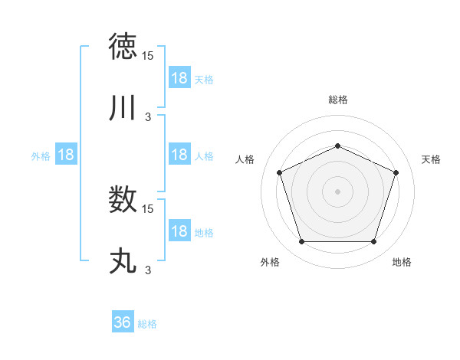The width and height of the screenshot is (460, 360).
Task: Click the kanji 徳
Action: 123,48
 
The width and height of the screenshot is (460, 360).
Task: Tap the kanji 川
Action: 123,108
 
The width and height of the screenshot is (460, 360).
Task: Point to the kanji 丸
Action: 123,260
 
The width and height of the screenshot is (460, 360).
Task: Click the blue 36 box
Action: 123,322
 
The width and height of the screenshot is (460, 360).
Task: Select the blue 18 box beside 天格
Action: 179,78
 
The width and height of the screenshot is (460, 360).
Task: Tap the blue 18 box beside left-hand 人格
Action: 179,155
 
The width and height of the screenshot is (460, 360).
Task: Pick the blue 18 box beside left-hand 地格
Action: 179,232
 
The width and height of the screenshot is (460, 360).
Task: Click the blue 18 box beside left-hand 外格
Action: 66,155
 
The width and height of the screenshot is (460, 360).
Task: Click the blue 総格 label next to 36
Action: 148,324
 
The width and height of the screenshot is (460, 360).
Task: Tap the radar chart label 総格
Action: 337,100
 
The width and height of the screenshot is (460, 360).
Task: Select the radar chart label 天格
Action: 431,159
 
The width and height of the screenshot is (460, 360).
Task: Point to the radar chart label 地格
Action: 402,262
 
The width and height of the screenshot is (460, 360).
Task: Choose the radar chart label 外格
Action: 270,262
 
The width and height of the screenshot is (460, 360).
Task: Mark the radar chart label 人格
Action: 245,159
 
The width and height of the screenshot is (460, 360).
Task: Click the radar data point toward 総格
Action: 337,146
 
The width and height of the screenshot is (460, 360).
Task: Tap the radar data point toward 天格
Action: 396,172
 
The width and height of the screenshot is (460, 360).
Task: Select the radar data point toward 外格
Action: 301,242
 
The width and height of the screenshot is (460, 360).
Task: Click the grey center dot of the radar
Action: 337,191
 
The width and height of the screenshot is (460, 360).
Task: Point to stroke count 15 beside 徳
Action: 148,56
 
